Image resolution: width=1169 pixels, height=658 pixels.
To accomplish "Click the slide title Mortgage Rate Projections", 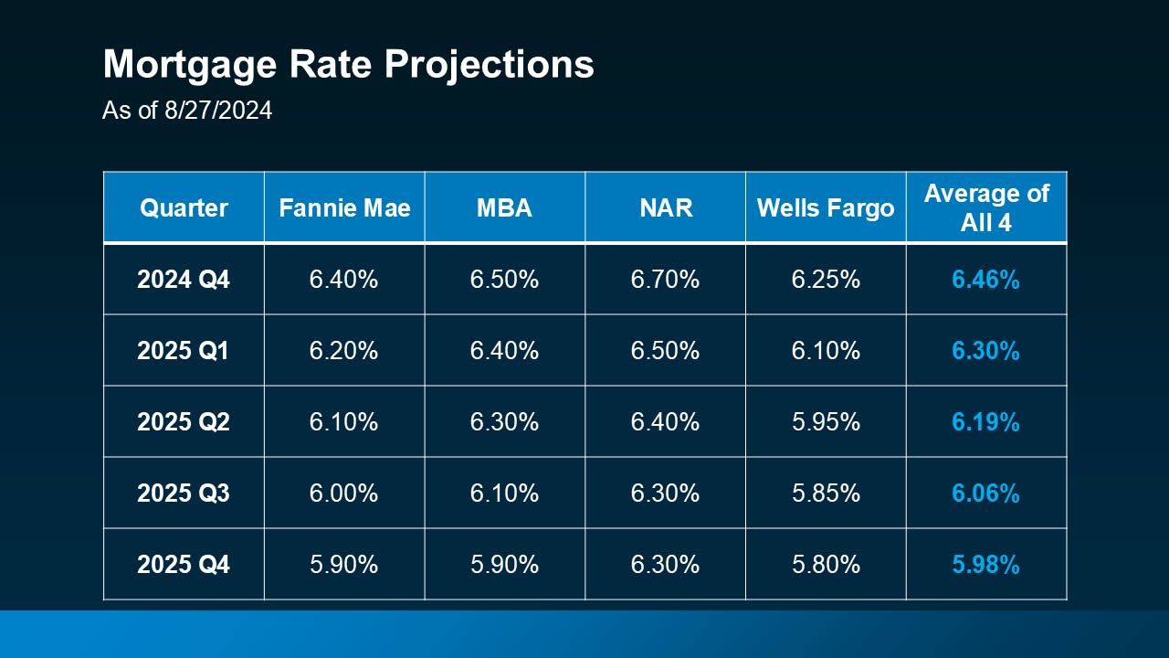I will click(348, 65).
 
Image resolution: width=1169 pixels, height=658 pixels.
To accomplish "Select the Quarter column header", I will click(184, 207).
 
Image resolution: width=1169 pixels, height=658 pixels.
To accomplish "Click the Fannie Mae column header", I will click(344, 207).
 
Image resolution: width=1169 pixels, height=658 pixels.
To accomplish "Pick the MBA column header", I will click(504, 207).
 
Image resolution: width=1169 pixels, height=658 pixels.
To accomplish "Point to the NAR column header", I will click(665, 207).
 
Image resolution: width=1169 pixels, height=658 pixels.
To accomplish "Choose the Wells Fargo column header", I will click(825, 207).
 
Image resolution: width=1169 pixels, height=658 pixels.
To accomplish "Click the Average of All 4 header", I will click(985, 207).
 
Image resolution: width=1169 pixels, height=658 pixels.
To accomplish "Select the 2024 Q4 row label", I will click(184, 280).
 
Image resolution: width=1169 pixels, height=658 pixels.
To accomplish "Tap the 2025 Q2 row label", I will click(184, 422).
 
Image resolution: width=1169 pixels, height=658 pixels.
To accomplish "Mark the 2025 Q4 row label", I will click(184, 565).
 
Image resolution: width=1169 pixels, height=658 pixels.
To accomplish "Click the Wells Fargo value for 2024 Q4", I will click(825, 280).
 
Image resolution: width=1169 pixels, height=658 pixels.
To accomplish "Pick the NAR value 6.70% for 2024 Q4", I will click(665, 280).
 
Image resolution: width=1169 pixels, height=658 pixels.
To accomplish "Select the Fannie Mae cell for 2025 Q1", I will click(344, 351).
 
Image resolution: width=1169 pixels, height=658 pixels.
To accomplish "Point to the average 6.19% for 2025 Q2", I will click(985, 422).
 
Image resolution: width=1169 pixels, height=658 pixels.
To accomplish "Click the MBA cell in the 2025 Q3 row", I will click(504, 493).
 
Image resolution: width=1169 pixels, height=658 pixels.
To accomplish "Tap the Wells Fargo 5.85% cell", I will click(825, 493).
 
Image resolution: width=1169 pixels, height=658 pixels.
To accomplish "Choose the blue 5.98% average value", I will click(985, 565).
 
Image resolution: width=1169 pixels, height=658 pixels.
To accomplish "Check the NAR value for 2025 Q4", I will click(665, 565).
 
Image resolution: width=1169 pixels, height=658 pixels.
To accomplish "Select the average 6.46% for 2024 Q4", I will click(985, 280).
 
